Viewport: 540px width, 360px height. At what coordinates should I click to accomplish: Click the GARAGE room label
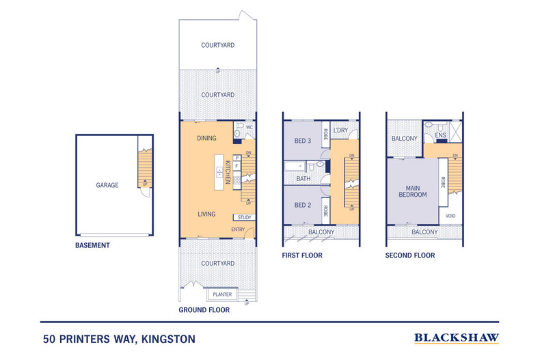pos(107,185)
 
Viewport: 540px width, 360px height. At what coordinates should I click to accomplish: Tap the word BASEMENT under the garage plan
pos(93,245)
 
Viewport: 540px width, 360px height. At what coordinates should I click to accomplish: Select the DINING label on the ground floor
pos(206,139)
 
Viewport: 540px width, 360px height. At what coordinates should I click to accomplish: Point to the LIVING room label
pos(206,214)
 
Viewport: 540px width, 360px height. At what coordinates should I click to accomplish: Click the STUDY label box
pos(245,218)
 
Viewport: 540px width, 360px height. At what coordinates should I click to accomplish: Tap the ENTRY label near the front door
pos(239,230)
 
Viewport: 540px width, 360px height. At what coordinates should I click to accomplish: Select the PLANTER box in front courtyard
pos(223,294)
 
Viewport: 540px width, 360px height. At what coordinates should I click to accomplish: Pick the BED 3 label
pos(303,141)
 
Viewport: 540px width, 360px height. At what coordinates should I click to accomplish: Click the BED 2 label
pos(303,205)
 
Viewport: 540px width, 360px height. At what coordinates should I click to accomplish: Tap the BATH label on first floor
pos(303,179)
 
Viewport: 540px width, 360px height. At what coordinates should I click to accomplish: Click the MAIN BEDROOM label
pos(413,190)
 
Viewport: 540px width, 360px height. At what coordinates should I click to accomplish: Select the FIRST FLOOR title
pos(302,255)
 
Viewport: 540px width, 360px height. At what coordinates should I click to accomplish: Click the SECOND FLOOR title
pos(410,255)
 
